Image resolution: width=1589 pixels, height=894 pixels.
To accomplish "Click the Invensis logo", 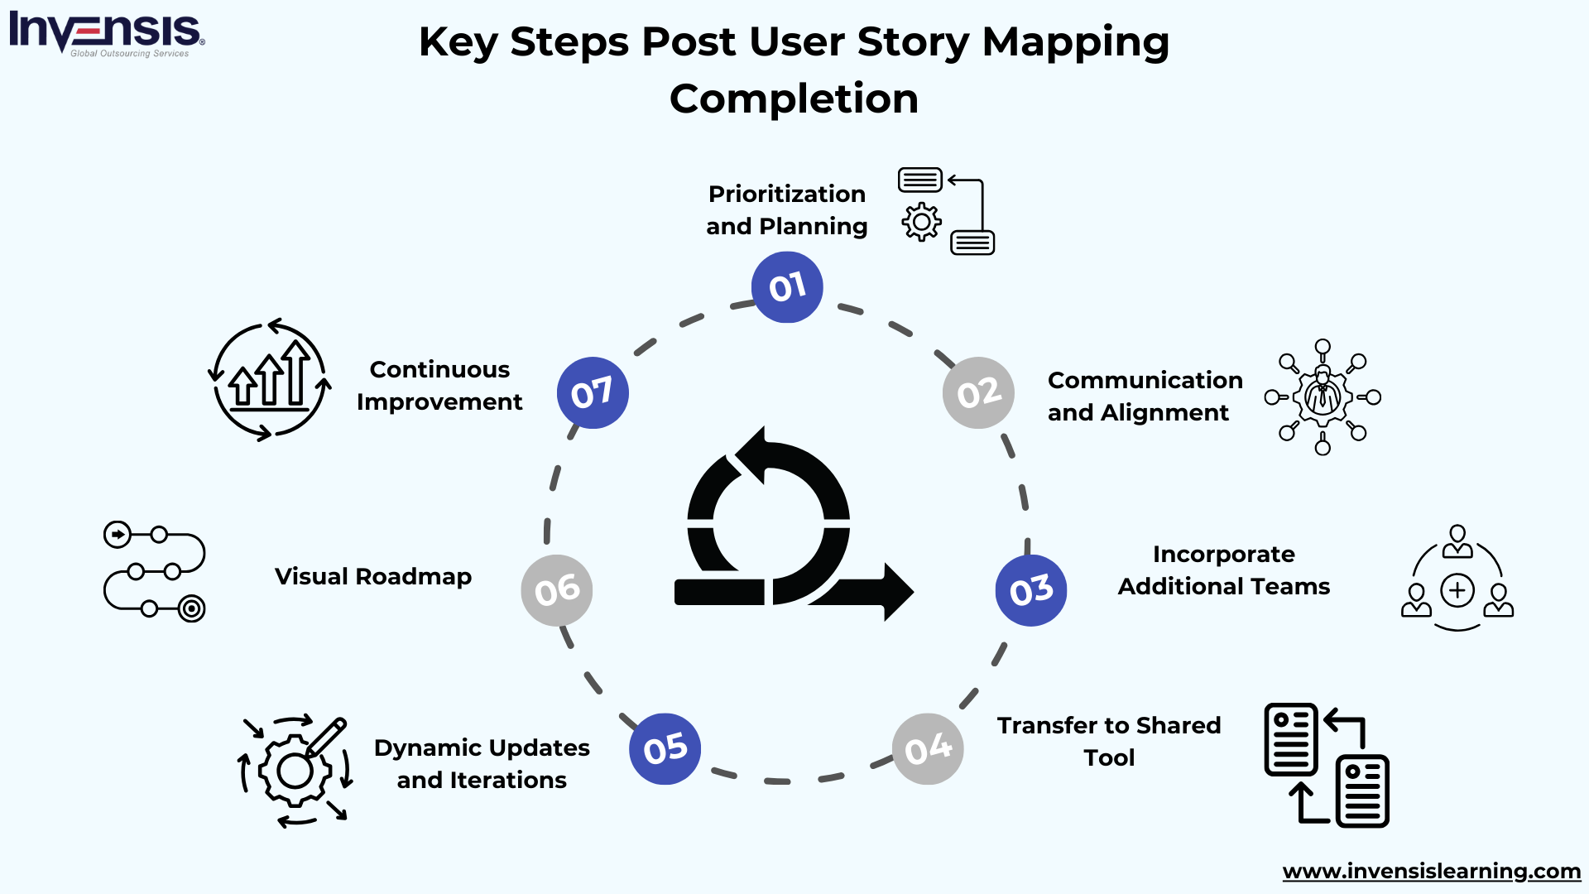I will coord(106,33).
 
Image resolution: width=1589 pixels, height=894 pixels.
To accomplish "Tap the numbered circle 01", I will coord(787,287).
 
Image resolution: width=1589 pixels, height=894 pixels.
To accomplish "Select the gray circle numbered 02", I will coord(978,392).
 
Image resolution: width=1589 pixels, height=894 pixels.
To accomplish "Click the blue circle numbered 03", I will coord(1031,590).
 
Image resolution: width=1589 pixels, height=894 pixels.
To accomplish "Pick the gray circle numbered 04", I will coord(928,749).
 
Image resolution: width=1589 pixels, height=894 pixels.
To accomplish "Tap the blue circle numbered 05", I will coord(665,748).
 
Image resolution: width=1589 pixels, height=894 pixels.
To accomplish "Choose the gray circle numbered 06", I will coord(557,590).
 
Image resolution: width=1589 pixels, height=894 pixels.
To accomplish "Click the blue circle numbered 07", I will coord(593,392).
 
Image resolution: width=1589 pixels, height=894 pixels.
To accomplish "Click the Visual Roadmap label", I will coord(372,576).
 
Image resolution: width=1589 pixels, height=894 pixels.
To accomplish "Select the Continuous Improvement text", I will coord(439,385).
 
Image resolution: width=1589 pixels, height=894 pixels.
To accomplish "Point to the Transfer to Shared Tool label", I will coord(1109,741).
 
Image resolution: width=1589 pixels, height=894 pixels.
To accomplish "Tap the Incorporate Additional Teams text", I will coord(1223,570).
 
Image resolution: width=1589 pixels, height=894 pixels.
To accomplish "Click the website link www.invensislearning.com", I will coord(1431,871).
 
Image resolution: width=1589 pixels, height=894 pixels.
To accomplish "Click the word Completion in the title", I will coord(794,99).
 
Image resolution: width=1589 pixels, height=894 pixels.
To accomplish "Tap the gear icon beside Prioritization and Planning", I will coord(921,222).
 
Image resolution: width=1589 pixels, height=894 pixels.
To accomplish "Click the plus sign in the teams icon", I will coord(1457,590).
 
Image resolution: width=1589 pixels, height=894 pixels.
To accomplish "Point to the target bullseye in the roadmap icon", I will coord(191,609).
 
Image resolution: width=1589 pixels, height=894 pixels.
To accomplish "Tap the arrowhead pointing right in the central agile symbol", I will coord(897,592).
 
